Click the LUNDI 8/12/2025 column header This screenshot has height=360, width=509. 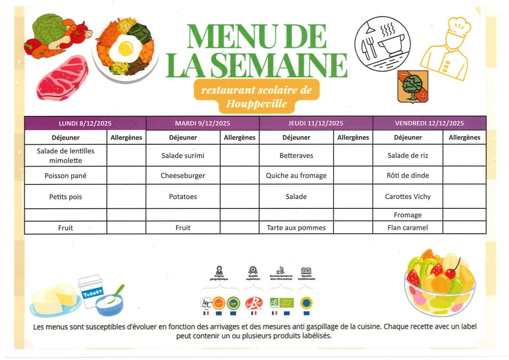click(85, 123)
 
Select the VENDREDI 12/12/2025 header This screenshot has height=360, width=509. click(429, 123)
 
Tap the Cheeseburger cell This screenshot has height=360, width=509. click(183, 176)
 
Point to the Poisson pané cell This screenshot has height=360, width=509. click(66, 176)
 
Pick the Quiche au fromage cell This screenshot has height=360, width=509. click(296, 176)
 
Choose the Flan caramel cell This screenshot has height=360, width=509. click(408, 228)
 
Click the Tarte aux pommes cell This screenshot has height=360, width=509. click(296, 228)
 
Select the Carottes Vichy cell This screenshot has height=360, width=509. click(408, 196)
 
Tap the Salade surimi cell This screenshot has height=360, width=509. click(183, 156)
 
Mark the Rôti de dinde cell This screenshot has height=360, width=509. click(408, 176)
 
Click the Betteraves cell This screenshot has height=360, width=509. click(296, 156)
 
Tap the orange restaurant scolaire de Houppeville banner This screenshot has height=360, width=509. click(256, 96)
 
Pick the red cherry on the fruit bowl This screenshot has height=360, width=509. click(451, 273)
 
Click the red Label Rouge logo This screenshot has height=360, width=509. click(254, 303)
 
